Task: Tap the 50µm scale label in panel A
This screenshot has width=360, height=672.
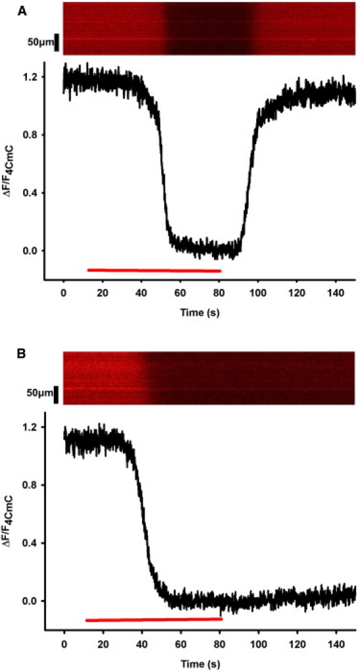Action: [x=40, y=42]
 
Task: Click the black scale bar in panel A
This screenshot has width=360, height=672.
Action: [x=57, y=42]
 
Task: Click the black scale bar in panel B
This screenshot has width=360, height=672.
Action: [x=57, y=395]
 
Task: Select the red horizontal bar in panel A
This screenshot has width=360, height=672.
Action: [x=154, y=270]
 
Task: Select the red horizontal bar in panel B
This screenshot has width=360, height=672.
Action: [x=154, y=619]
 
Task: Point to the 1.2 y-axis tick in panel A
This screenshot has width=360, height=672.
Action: [x=29, y=77]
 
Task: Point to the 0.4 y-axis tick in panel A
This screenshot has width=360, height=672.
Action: [x=29, y=193]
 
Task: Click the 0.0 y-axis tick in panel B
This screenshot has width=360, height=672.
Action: [x=29, y=601]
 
